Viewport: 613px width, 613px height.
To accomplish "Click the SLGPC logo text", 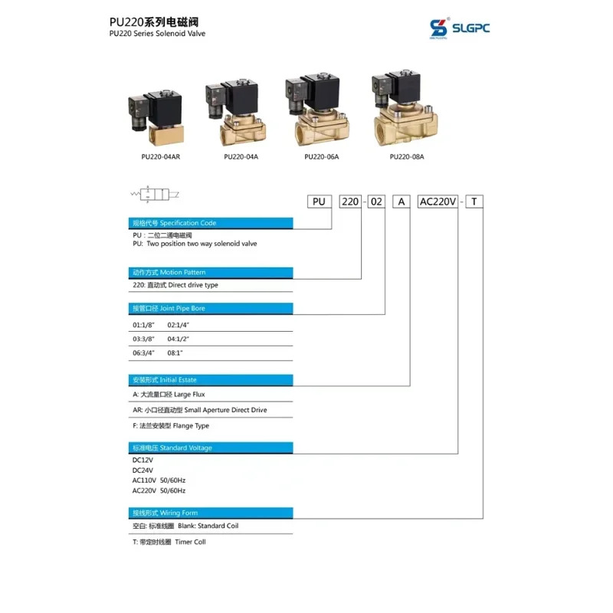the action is pyautogui.click(x=470, y=28).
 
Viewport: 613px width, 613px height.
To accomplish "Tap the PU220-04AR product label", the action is pyautogui.click(x=161, y=157).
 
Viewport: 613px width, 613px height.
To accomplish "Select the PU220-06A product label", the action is pyautogui.click(x=321, y=157).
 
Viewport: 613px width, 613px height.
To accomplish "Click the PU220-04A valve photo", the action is pyautogui.click(x=236, y=111).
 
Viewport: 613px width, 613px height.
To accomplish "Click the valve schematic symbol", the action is pyautogui.click(x=155, y=194).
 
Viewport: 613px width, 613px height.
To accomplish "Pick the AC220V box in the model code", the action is pyautogui.click(x=438, y=202).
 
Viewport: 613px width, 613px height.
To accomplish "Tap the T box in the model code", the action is pyautogui.click(x=474, y=202).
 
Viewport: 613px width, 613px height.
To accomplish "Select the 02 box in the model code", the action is pyautogui.click(x=376, y=202).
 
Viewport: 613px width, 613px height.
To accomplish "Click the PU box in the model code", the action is pyautogui.click(x=320, y=202).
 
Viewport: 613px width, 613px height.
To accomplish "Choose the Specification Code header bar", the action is pyautogui.click(x=211, y=223).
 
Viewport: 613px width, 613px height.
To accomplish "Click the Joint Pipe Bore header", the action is pyautogui.click(x=211, y=309).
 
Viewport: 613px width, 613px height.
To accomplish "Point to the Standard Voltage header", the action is pyautogui.click(x=211, y=448).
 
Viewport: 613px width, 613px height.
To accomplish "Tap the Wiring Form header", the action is pyautogui.click(x=211, y=513).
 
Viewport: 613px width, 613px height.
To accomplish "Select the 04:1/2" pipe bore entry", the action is pyautogui.click(x=179, y=339).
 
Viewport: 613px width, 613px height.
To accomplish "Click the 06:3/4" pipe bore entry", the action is pyautogui.click(x=143, y=353).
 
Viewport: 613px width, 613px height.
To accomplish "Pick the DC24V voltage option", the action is pyautogui.click(x=143, y=470).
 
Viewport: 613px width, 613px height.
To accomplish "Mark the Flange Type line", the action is pyautogui.click(x=171, y=426).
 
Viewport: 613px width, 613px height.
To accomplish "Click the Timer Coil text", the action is pyautogui.click(x=190, y=542).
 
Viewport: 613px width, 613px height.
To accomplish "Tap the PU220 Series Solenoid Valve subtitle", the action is pyautogui.click(x=157, y=34).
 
